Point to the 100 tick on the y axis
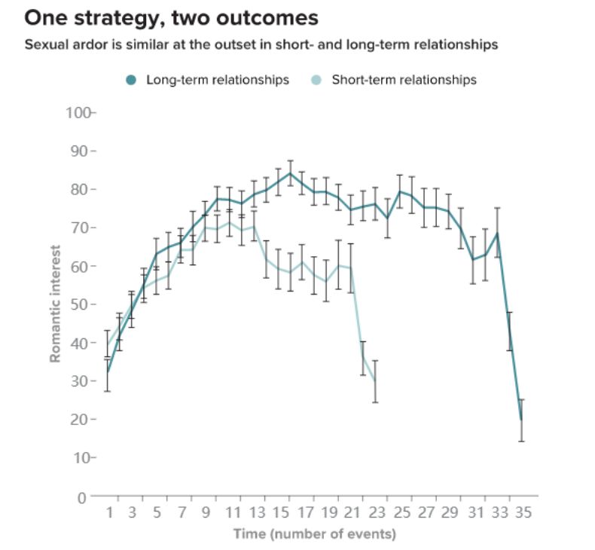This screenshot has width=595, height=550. (78, 113)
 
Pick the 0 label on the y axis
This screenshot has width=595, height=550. (83, 497)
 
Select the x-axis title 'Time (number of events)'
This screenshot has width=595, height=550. (314, 534)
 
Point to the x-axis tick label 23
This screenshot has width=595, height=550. (375, 514)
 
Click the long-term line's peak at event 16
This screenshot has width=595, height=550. (290, 173)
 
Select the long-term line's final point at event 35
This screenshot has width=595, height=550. (521, 420)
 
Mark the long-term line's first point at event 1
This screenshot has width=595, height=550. (108, 372)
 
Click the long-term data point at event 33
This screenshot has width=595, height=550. (497, 234)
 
